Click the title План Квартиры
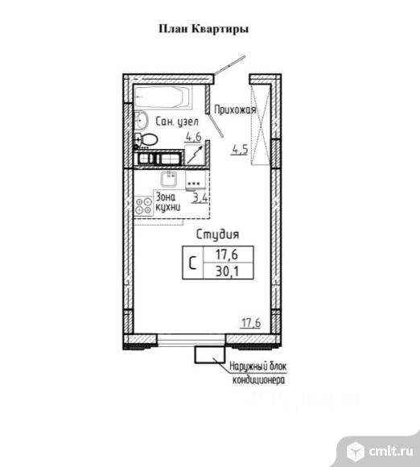(x=204, y=29)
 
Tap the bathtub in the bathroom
(x=163, y=97)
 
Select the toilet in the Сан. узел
(x=146, y=139)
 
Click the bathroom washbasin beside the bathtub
(x=141, y=120)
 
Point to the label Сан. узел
(x=177, y=122)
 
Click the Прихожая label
(x=235, y=110)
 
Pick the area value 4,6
(x=193, y=137)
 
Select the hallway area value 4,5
(x=240, y=150)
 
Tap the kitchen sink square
(x=169, y=179)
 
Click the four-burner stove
(x=144, y=206)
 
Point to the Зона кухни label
(x=168, y=201)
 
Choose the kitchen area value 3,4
(x=200, y=198)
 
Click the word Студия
(x=217, y=234)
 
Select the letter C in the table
(x=192, y=262)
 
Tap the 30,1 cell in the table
(x=228, y=271)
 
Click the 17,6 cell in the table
(x=227, y=254)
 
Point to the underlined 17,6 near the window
(x=250, y=323)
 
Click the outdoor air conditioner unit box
(x=209, y=355)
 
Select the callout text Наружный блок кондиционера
(x=258, y=373)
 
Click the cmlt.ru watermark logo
(x=380, y=451)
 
